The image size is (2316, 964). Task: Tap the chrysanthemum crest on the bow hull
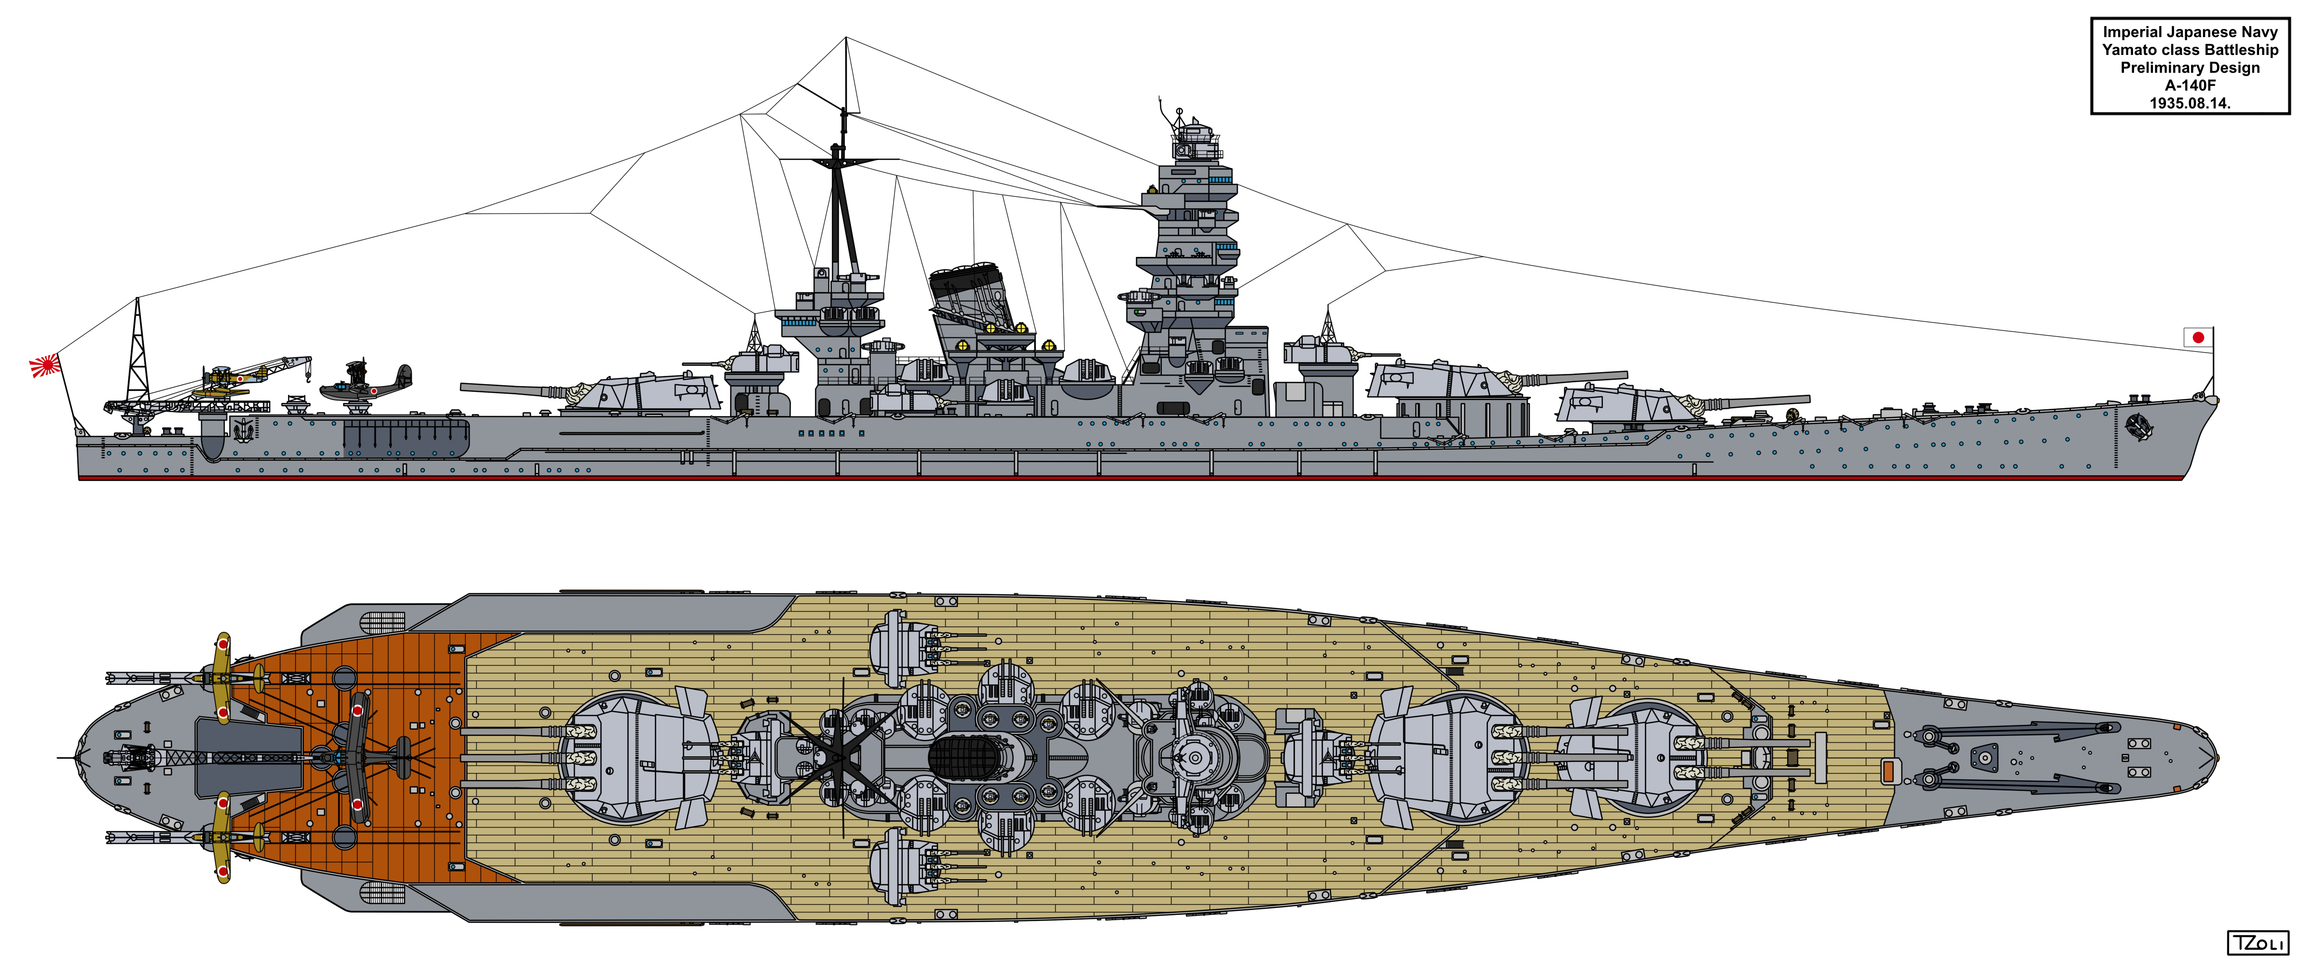(x=2138, y=427)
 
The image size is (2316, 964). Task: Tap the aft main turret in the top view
(x=638, y=757)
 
